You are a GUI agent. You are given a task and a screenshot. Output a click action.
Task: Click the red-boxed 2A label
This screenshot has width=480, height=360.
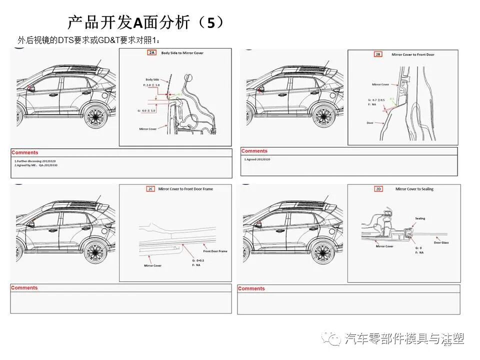point(151,52)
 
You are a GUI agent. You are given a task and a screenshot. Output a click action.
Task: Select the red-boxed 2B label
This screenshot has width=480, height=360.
point(378,54)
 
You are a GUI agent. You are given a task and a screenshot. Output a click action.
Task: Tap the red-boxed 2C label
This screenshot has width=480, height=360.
point(150,189)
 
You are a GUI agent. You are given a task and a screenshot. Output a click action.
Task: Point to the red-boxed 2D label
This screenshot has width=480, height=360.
point(378,189)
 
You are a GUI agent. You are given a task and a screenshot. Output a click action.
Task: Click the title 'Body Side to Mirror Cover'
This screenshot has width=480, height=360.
point(182,53)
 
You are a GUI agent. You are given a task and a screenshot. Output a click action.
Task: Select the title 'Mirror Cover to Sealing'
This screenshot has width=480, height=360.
point(414,189)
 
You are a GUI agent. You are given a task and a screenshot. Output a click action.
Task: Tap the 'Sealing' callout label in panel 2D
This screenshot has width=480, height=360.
point(420,218)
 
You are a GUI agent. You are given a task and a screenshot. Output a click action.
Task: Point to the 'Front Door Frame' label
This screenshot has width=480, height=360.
point(215,251)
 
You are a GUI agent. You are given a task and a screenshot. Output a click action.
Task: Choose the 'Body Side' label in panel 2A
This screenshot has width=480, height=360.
point(152,79)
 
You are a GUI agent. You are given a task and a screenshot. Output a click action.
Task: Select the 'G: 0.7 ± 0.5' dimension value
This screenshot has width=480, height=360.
point(375,100)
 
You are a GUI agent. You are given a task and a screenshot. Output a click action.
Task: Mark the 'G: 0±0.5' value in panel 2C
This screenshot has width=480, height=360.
point(198,260)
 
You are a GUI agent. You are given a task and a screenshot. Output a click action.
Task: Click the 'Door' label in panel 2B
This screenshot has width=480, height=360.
point(370,123)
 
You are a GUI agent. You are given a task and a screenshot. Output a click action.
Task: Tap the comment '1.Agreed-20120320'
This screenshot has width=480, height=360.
point(257,159)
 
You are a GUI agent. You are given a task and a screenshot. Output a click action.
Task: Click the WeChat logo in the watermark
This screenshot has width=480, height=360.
point(332,339)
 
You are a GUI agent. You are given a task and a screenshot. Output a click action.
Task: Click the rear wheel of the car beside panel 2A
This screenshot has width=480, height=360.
point(94,115)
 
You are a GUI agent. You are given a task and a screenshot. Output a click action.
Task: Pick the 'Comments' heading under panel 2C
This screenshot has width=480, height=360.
point(24,288)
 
